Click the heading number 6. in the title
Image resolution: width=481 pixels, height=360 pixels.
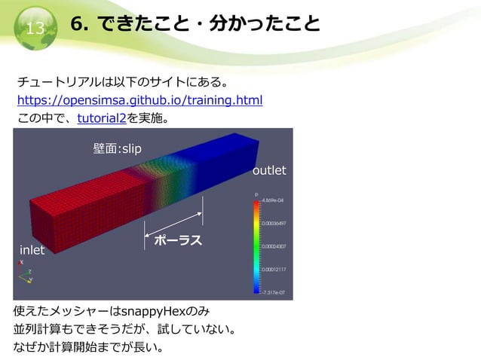click(81, 24)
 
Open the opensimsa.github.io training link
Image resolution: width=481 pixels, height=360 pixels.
click(139, 100)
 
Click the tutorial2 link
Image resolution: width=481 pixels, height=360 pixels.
click(102, 118)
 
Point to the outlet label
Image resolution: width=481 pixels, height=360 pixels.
click(269, 171)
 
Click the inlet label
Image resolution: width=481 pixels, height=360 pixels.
click(32, 249)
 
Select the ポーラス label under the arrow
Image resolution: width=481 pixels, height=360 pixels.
click(178, 240)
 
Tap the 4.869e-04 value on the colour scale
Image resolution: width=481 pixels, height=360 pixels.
click(273, 201)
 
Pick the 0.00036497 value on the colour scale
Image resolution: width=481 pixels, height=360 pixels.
click(274, 224)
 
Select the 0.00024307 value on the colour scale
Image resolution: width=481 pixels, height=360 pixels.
click(274, 246)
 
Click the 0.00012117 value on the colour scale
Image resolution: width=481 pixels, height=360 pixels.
click(274, 269)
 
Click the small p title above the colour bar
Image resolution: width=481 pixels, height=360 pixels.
click(257, 194)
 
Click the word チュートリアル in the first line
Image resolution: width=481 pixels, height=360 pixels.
click(57, 81)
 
